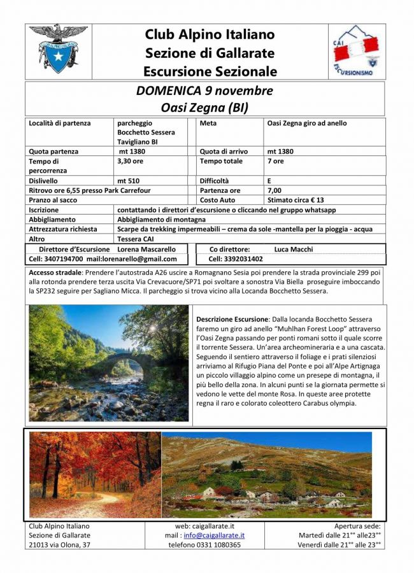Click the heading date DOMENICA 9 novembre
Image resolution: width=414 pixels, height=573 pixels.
pyautogui.click(x=204, y=90)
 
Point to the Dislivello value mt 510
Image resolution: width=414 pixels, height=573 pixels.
pyautogui.click(x=129, y=180)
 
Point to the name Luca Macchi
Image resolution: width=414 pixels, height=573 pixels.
pyautogui.click(x=293, y=250)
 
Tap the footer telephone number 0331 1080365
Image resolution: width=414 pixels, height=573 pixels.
pyautogui.click(x=204, y=545)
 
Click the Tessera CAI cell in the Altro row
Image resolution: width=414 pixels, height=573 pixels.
pyautogui.click(x=132, y=239)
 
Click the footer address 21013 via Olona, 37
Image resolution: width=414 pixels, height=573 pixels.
pyautogui.click(x=60, y=545)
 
